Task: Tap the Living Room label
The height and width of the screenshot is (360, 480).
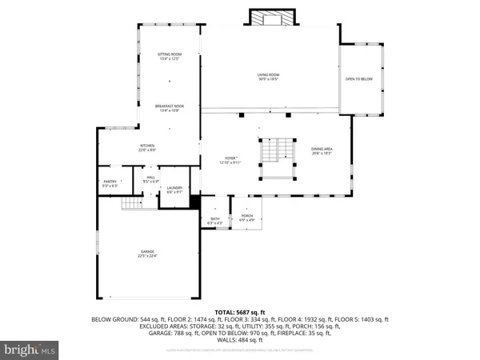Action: click(x=268, y=76)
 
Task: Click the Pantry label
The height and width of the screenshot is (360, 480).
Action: click(x=110, y=183)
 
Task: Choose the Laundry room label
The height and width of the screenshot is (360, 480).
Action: click(x=174, y=190)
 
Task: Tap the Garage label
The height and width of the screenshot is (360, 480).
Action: click(x=146, y=254)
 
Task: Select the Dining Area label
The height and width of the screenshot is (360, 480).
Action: click(x=322, y=150)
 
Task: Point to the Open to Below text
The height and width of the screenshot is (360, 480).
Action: click(x=362, y=79)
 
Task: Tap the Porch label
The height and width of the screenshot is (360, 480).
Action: click(x=246, y=217)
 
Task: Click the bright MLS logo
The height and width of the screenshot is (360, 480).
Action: click(x=30, y=348)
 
